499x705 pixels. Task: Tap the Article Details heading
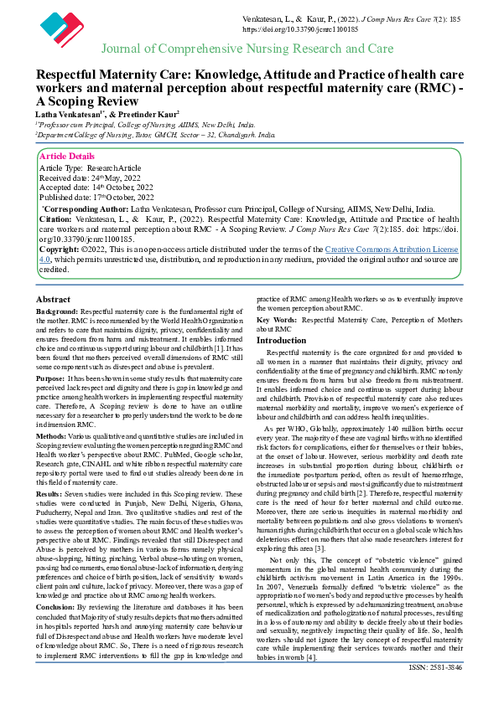[67, 157]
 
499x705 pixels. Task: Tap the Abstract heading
[54, 299]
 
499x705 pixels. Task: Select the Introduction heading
[282, 341]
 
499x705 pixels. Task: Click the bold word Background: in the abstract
[58, 311]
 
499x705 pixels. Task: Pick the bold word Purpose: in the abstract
[51, 378]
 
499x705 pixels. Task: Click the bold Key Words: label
[277, 320]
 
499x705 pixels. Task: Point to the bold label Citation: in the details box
[55, 218]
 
